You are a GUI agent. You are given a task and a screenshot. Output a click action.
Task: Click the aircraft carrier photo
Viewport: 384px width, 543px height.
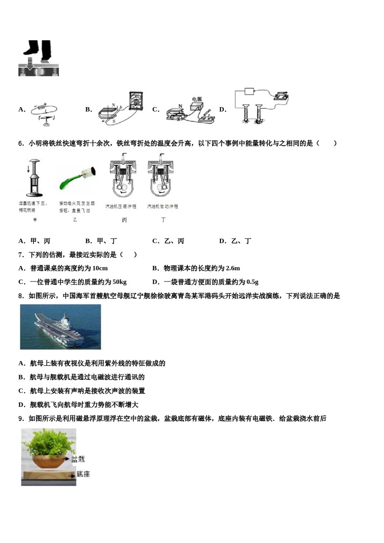coord(60,327)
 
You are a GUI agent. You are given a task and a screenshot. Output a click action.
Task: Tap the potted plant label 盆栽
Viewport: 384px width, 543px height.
coord(78,459)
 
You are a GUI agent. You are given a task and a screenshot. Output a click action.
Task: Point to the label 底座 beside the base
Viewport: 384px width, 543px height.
coord(83,474)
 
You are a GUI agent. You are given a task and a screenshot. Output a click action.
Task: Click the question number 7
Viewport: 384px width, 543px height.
coord(21,255)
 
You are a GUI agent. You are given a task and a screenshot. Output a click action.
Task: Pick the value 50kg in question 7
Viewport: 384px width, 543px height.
coord(117,282)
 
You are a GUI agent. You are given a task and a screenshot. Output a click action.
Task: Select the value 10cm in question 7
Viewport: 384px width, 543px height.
coord(100,268)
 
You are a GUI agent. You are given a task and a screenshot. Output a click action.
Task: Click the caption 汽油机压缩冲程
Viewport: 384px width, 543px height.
coord(121,206)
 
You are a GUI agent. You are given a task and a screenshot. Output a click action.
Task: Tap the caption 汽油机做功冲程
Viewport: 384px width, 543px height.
coord(162,206)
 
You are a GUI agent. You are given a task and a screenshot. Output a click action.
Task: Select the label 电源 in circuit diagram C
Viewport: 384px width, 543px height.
coord(197,99)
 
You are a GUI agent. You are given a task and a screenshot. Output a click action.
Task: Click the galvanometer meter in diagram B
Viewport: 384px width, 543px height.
coord(135,101)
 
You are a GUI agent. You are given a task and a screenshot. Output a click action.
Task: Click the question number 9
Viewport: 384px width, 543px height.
coord(21,419)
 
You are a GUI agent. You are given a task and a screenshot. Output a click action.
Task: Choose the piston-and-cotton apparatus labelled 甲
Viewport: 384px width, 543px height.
coord(34,178)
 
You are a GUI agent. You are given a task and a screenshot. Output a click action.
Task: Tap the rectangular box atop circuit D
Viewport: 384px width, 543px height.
coord(249,91)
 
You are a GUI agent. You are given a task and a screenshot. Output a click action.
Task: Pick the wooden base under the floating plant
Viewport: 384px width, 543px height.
coord(49,476)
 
